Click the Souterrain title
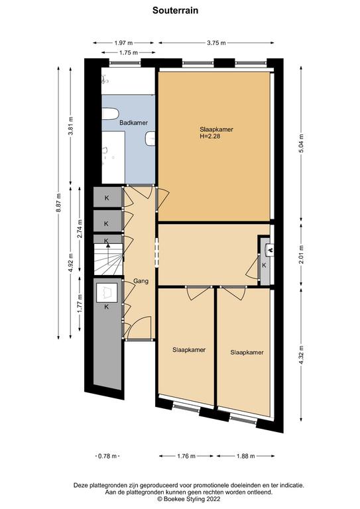[x=175, y=11]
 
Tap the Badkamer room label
[x=133, y=123]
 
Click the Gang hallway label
[x=141, y=281]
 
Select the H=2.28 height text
[x=210, y=137]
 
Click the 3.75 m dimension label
[x=216, y=42]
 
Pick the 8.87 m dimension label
[x=58, y=203]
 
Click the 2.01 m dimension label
[x=301, y=255]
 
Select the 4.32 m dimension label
[x=301, y=355]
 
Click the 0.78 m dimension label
[x=107, y=456]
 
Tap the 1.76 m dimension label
[x=186, y=456]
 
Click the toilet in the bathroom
[x=110, y=114]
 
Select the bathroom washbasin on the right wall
[x=150, y=139]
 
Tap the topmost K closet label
[x=107, y=198]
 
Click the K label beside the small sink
[x=265, y=265]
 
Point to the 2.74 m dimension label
[x=80, y=229]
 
